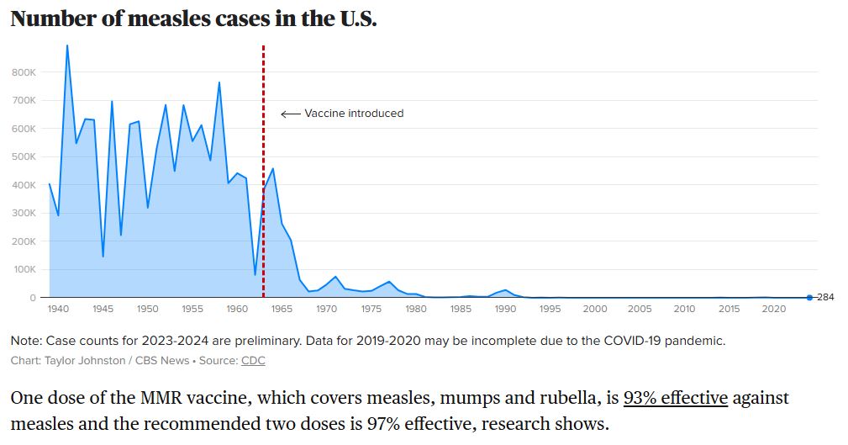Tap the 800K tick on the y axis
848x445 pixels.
pos(24,72)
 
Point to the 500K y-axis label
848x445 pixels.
pos(24,156)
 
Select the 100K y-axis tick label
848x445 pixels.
pos(24,269)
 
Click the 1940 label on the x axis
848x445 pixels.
pos(58,309)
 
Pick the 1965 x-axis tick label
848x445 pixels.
pos(282,309)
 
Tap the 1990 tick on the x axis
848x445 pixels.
pos(505,309)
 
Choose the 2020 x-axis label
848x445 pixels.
pos(773,309)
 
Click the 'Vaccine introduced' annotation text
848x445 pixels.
pos(354,114)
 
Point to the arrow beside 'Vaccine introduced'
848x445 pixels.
pos(291,114)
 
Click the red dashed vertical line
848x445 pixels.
pos(263,171)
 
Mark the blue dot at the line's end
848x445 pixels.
pos(809,297)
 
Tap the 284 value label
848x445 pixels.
pos(825,297)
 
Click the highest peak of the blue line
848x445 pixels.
pos(67,45)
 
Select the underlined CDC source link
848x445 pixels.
pos(253,361)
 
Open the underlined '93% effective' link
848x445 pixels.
pos(676,398)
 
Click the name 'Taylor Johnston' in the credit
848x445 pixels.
pos(85,361)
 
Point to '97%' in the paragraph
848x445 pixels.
pos(383,423)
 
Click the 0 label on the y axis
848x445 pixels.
pos(33,298)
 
